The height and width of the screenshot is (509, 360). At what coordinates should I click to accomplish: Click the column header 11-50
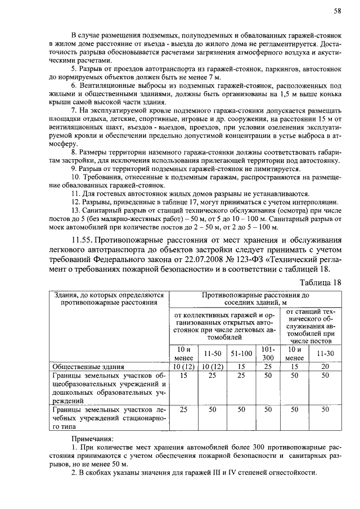(213, 354)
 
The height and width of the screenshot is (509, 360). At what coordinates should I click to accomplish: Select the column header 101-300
(268, 353)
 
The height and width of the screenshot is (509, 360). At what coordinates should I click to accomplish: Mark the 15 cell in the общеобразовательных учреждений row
(183, 376)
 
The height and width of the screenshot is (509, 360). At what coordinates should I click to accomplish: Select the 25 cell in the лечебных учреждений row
(183, 411)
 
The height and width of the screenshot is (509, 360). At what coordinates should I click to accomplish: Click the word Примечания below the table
(92, 438)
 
